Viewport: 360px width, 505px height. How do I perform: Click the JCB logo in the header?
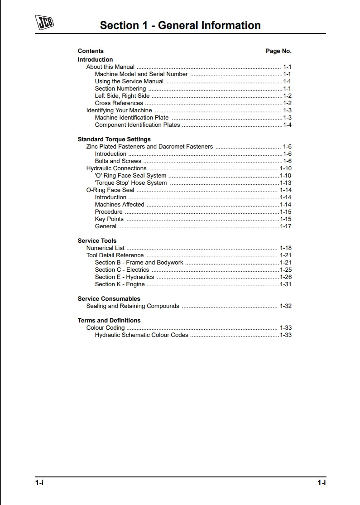tap(44, 22)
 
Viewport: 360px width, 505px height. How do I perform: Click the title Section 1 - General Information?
tap(180, 25)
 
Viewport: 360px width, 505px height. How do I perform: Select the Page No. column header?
tap(278, 51)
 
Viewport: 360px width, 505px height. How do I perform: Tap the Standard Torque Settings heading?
tap(114, 139)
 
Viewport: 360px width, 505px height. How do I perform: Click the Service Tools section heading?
tap(97, 241)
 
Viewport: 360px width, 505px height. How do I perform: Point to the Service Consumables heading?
tap(109, 299)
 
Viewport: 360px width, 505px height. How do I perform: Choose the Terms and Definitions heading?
tap(109, 321)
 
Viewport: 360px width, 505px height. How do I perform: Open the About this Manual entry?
tap(110, 67)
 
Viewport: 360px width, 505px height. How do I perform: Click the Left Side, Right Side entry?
tap(122, 96)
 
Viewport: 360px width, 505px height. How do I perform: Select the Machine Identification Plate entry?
tap(131, 118)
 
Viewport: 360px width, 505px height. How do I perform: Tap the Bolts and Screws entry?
tap(118, 161)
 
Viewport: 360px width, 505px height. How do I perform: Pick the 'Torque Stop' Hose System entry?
tap(130, 183)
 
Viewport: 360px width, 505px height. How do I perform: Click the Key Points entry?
tap(109, 219)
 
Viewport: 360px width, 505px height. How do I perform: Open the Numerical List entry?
tap(105, 248)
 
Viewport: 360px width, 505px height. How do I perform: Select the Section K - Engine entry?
tap(120, 284)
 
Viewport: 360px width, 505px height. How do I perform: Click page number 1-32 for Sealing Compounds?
tap(285, 306)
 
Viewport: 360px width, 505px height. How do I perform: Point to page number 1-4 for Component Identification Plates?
tap(287, 125)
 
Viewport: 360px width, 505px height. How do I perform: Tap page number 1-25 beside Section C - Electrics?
tap(285, 270)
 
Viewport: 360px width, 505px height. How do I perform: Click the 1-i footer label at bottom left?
tap(39, 483)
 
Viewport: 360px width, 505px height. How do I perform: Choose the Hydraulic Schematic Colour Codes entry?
tap(141, 335)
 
